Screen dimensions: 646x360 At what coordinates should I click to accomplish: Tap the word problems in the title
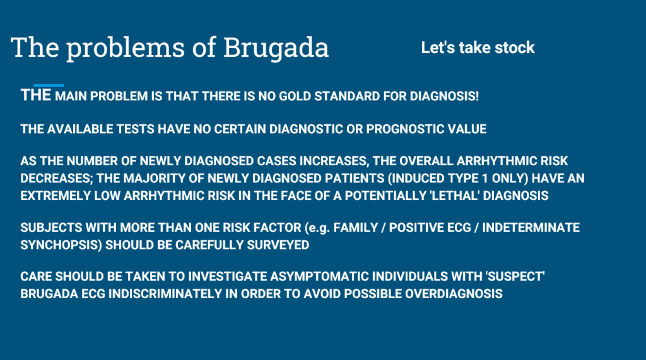click(x=126, y=49)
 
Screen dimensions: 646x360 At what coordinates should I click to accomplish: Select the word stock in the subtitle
click(x=515, y=48)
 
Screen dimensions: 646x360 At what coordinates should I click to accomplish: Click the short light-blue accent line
click(x=49, y=85)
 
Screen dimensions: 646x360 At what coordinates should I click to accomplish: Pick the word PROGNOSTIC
click(x=404, y=129)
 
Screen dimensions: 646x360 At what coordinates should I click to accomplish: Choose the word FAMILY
click(x=356, y=228)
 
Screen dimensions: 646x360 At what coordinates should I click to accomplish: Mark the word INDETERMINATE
click(x=531, y=228)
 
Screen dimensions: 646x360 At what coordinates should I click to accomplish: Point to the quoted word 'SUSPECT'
click(x=516, y=276)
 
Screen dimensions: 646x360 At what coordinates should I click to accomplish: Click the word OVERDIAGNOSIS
click(x=454, y=294)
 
